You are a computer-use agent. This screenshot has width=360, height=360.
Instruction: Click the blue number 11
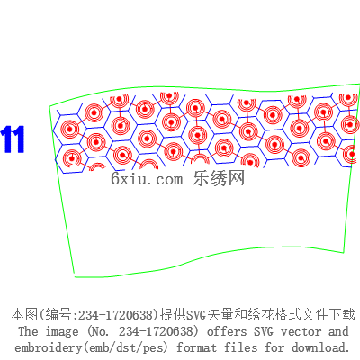[13, 139]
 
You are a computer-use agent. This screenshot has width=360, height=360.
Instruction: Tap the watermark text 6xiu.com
[147, 179]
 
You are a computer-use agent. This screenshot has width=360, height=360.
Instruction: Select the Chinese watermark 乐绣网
[219, 178]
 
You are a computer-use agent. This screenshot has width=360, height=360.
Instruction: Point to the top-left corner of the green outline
[49, 106]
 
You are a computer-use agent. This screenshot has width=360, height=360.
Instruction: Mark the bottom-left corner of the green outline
[75, 276]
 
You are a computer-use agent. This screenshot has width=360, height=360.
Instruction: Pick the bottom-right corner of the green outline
[344, 252]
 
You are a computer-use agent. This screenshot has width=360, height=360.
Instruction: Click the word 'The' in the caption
[28, 331]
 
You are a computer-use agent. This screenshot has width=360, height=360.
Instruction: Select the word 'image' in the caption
[62, 332]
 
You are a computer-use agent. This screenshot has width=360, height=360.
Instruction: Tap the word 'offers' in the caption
[227, 331]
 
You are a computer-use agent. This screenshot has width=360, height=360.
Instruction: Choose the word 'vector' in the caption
[301, 332]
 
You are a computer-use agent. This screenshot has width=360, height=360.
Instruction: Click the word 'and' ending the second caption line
[338, 331]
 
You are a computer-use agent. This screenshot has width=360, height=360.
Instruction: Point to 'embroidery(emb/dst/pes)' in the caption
[91, 348]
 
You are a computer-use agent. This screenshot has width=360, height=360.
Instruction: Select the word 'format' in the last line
[196, 347]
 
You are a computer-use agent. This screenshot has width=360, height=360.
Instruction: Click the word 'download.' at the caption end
[321, 347]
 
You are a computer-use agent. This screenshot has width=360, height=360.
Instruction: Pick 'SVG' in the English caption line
[264, 331]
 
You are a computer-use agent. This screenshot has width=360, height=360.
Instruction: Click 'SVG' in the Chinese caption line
[196, 315]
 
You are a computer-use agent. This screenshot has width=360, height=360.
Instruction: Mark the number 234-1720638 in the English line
[158, 331]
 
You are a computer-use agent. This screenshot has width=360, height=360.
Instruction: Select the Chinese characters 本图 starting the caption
[24, 315]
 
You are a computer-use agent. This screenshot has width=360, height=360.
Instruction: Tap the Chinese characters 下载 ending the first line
[343, 315]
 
